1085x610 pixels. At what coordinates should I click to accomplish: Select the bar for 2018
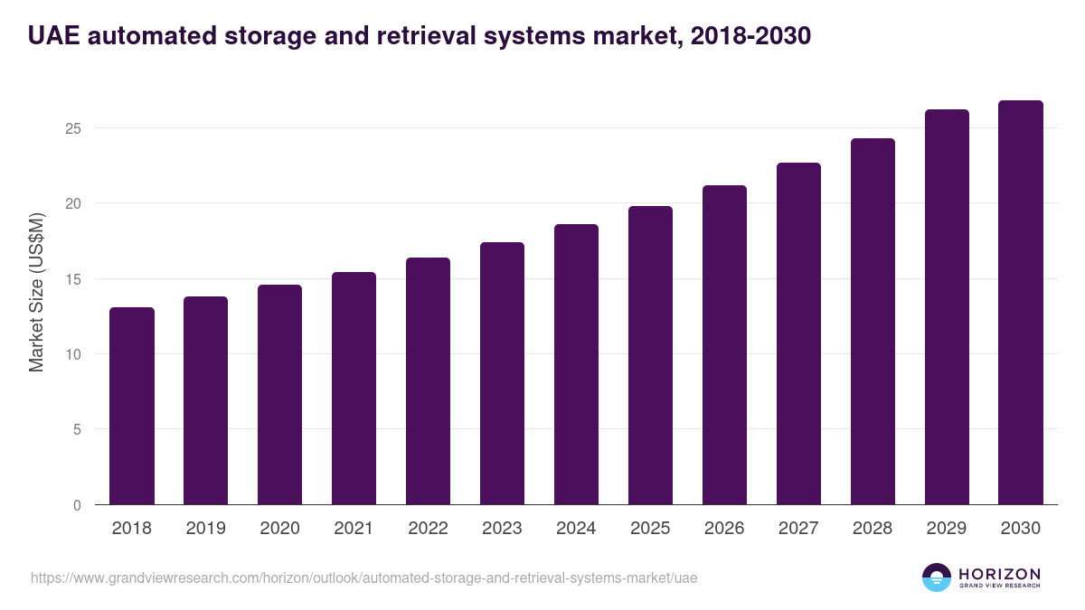tap(132, 406)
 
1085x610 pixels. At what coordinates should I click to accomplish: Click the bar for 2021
tap(354, 389)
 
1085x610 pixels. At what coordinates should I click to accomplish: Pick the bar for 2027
tap(798, 333)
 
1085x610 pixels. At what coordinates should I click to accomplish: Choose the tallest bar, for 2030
tap(1021, 303)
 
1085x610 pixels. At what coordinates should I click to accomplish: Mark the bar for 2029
tap(947, 307)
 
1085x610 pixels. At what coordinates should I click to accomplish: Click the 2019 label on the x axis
tap(206, 529)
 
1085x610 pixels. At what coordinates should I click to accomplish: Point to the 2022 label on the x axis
tap(428, 529)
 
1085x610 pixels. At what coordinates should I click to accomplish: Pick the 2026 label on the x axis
tap(724, 529)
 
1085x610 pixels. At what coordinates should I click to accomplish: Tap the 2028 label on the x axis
tap(873, 529)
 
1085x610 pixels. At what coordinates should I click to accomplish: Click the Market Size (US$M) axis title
tap(36, 292)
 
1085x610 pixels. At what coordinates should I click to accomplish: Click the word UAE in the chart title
tap(56, 36)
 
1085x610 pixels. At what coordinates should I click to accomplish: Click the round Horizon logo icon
tap(937, 577)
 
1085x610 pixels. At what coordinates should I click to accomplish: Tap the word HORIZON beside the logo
tap(999, 574)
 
